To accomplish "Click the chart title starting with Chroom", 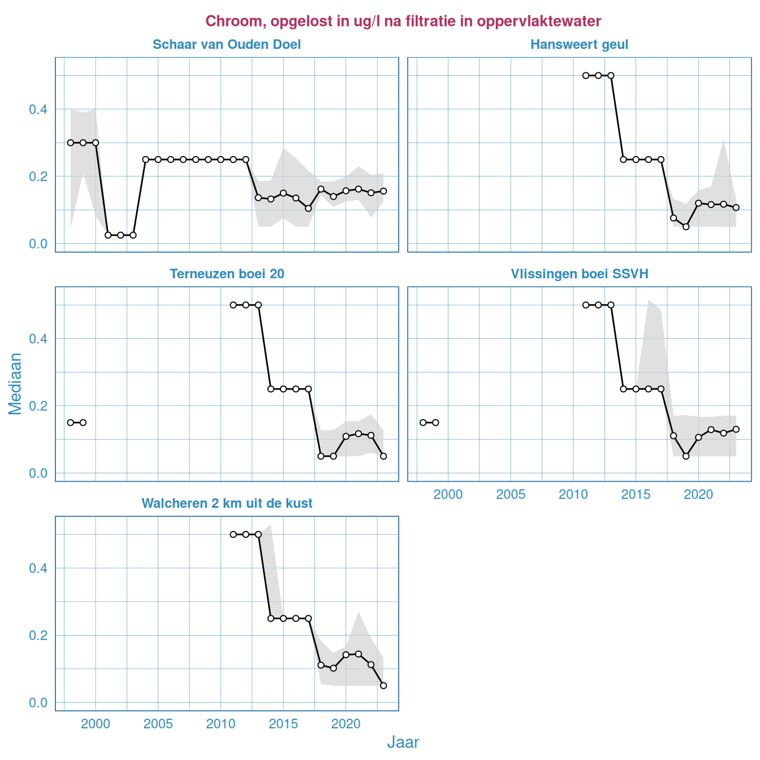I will click(x=403, y=21).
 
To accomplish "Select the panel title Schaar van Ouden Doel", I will click(x=227, y=45).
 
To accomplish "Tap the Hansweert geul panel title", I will click(x=579, y=45).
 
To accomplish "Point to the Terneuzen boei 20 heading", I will click(x=227, y=274).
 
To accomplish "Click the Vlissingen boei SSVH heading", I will click(x=579, y=274).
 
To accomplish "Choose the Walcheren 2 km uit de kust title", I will click(x=227, y=503).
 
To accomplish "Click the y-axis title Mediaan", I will click(x=15, y=383).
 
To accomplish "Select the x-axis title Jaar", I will click(x=403, y=742).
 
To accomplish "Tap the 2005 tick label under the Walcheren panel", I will click(x=158, y=724).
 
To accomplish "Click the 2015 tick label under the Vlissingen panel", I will click(x=636, y=494).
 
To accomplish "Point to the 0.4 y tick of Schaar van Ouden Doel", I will click(x=38, y=109).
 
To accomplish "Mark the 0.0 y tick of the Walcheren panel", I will click(x=38, y=703).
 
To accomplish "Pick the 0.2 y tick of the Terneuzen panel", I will click(x=38, y=406).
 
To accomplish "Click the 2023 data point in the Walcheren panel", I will click(x=383, y=685).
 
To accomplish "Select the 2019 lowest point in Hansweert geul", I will click(x=686, y=227).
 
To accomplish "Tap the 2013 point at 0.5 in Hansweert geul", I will click(x=611, y=75).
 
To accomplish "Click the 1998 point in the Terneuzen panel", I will click(x=71, y=422).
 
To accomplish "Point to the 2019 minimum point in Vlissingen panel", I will click(x=686, y=456).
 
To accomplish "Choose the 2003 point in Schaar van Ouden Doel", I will click(x=133, y=235).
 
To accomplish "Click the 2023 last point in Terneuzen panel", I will click(x=383, y=456).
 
